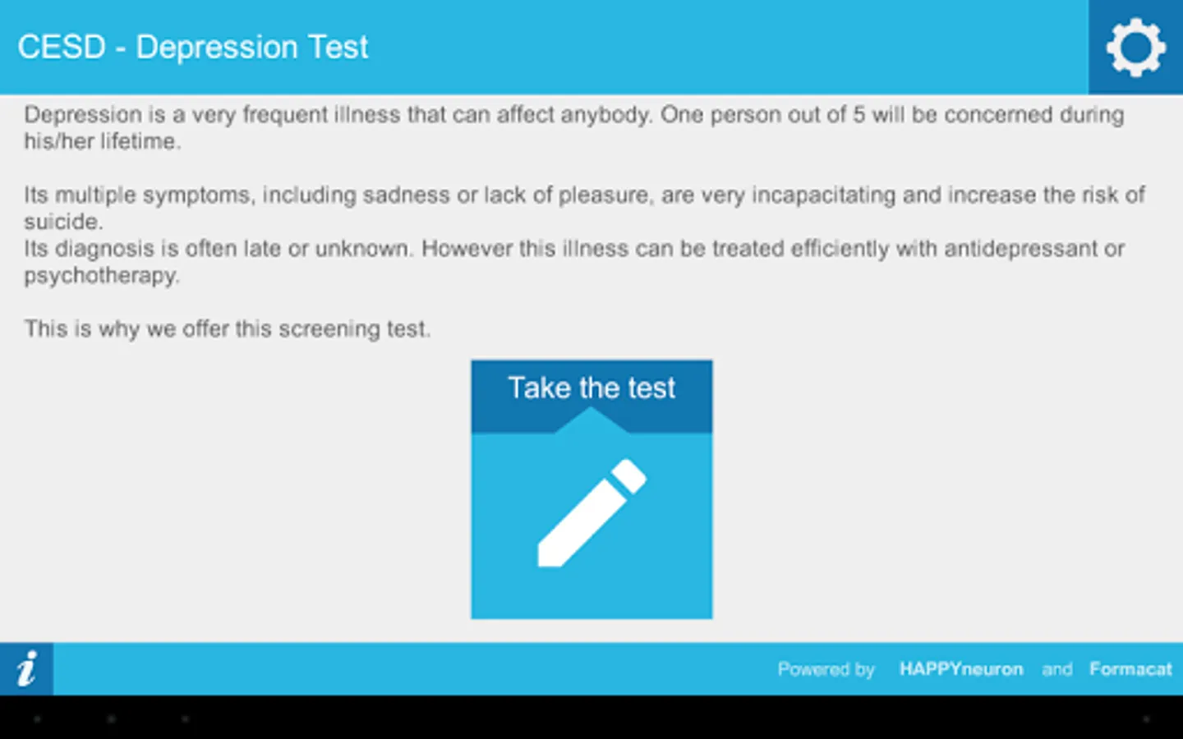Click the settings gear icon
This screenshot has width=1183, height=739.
click(1136, 48)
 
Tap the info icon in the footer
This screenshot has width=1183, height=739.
click(26, 668)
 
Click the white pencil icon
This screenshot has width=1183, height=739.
click(592, 513)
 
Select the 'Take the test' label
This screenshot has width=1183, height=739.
click(591, 388)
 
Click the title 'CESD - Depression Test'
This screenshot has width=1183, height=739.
click(193, 47)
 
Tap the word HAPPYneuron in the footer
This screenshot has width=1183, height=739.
click(961, 669)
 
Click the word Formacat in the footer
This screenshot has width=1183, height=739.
click(1130, 668)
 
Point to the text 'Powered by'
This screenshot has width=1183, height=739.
click(826, 669)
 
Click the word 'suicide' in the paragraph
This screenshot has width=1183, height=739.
click(62, 222)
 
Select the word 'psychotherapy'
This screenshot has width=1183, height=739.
click(101, 276)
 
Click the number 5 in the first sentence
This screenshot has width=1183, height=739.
click(859, 115)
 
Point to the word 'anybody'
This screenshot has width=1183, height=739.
click(605, 115)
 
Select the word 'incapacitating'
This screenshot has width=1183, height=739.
click(823, 195)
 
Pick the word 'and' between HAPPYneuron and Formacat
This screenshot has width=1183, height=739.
click(1056, 669)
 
